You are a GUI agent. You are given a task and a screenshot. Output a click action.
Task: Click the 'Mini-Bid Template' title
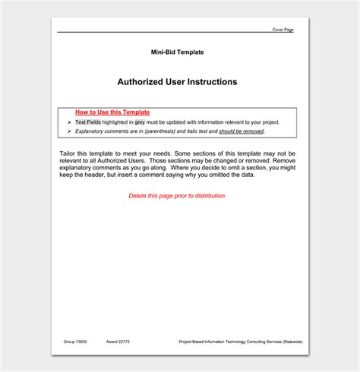coord(177,52)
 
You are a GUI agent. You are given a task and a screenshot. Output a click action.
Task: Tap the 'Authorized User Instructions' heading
coord(177,81)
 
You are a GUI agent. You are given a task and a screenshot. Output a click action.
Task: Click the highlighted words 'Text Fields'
coord(88,121)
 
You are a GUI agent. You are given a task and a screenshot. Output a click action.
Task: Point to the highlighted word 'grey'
coord(140,121)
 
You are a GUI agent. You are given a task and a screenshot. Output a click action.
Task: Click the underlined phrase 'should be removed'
coord(242,131)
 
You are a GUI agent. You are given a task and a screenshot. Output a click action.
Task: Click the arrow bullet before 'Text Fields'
coord(68,121)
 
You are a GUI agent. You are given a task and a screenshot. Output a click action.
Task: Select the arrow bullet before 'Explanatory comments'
coord(68,131)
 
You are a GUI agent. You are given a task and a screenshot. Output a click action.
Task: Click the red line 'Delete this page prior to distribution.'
coord(177,195)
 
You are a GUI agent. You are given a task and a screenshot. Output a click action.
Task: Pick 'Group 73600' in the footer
coord(74,342)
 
